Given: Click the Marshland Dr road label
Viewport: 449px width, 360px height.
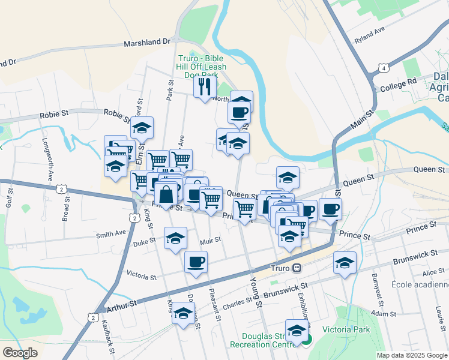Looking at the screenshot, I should (x=147, y=43).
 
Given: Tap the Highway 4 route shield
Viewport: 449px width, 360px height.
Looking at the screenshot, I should (x=382, y=70).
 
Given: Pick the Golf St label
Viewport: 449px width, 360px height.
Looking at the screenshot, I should (x=9, y=194).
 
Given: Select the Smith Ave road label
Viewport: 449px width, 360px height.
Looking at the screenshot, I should (x=112, y=233).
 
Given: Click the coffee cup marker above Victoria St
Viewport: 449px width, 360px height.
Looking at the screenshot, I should (x=196, y=262).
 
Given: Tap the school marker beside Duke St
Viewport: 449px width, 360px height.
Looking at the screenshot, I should (x=175, y=238).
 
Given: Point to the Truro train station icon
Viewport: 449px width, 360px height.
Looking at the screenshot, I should (x=296, y=268).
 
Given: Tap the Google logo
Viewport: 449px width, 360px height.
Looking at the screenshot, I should (x=20, y=353).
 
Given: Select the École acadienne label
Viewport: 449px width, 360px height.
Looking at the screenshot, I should (x=420, y=284).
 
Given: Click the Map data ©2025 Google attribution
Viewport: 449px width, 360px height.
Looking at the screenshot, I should (x=412, y=355).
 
